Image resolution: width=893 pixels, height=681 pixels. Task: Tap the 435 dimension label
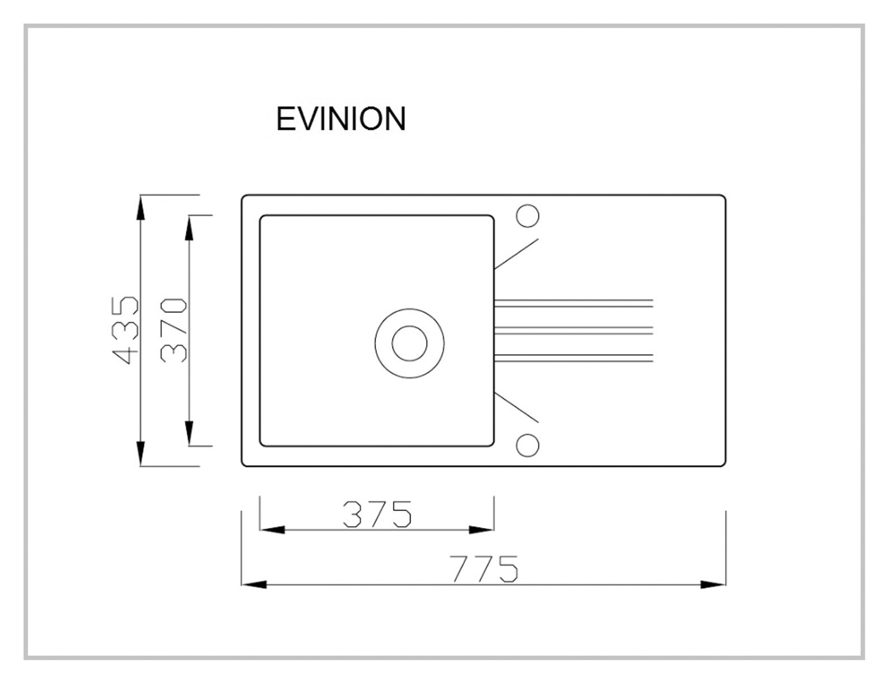point(125,330)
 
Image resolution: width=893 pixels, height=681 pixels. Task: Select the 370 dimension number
point(174,330)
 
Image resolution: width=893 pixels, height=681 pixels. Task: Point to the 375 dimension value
point(377,514)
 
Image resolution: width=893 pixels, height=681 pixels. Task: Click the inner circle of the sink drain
point(409,343)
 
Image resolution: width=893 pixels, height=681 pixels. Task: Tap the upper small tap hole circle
point(528,216)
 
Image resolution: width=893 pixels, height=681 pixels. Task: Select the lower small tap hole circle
point(528,445)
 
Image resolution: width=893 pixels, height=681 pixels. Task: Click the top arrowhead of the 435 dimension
point(141,208)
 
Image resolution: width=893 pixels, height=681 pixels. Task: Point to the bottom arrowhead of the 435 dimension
point(141,453)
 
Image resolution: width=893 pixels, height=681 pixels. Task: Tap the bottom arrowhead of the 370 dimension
point(189,433)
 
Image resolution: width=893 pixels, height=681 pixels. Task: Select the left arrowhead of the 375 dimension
point(272,530)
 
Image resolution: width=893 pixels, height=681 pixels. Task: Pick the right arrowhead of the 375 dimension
point(481,530)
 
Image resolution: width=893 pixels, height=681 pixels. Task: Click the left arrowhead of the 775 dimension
point(254,585)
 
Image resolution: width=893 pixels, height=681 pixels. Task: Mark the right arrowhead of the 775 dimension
point(713,585)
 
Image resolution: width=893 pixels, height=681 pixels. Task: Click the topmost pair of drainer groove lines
point(574,303)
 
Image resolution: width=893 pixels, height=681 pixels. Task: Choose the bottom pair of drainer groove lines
point(574,358)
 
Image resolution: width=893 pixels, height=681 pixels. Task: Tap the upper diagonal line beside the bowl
point(516,254)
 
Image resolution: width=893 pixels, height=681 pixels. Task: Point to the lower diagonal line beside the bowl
point(516,407)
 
